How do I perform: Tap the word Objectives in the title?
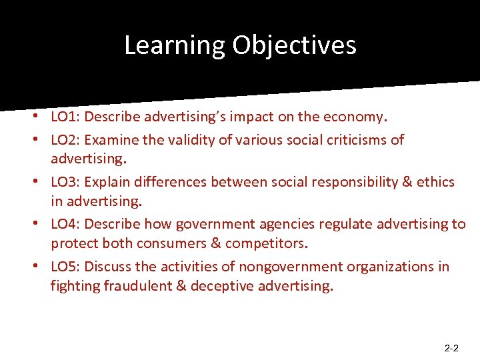pyautogui.click(x=295, y=45)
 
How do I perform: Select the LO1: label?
pyautogui.click(x=65, y=117)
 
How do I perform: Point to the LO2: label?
pyautogui.click(x=65, y=139)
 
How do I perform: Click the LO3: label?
pyautogui.click(x=65, y=181)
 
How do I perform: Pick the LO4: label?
pyautogui.click(x=65, y=223)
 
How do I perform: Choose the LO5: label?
pyautogui.click(x=65, y=266)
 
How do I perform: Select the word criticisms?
pyautogui.click(x=351, y=139)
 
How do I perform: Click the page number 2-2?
pyautogui.click(x=451, y=348)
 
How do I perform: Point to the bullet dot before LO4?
pyautogui.click(x=42, y=224)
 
